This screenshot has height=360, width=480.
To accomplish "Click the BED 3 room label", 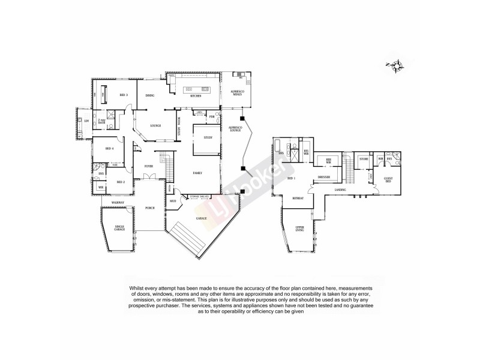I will coord(124,95).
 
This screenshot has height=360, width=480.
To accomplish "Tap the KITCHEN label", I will coord(195,96).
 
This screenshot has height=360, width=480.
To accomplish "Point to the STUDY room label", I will coord(208,137).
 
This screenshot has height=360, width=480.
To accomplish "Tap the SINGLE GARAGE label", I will coord(119,228).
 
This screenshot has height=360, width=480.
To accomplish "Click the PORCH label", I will coord(150,208).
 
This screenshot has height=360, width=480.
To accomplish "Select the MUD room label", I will coord(172,202).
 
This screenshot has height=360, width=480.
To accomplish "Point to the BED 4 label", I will coord(109,148).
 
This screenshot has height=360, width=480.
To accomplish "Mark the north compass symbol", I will coord(395,66).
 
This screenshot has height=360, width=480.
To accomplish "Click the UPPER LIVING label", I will coord(300,229).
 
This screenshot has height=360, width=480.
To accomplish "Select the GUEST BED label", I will coord(388,180).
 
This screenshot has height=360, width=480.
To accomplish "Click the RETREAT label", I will coord(298,198).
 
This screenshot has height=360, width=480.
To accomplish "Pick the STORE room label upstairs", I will coord(363,159).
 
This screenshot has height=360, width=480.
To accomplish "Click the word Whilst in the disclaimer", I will coord(137,288).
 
